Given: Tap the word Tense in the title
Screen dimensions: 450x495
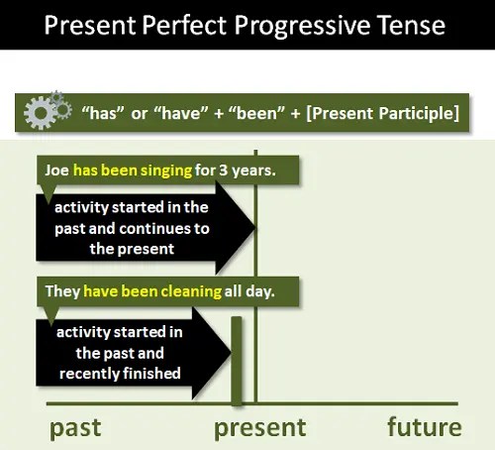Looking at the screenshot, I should click(411, 24).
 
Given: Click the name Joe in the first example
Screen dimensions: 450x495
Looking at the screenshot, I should click(56, 169).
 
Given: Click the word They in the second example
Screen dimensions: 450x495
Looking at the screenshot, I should click(61, 292).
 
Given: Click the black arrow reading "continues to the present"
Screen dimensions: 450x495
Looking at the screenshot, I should click(139, 229).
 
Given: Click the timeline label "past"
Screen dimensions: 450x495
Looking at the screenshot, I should click(75, 428).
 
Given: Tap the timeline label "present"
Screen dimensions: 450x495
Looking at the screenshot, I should click(260, 428).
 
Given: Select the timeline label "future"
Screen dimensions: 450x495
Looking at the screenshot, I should click(424, 428).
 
